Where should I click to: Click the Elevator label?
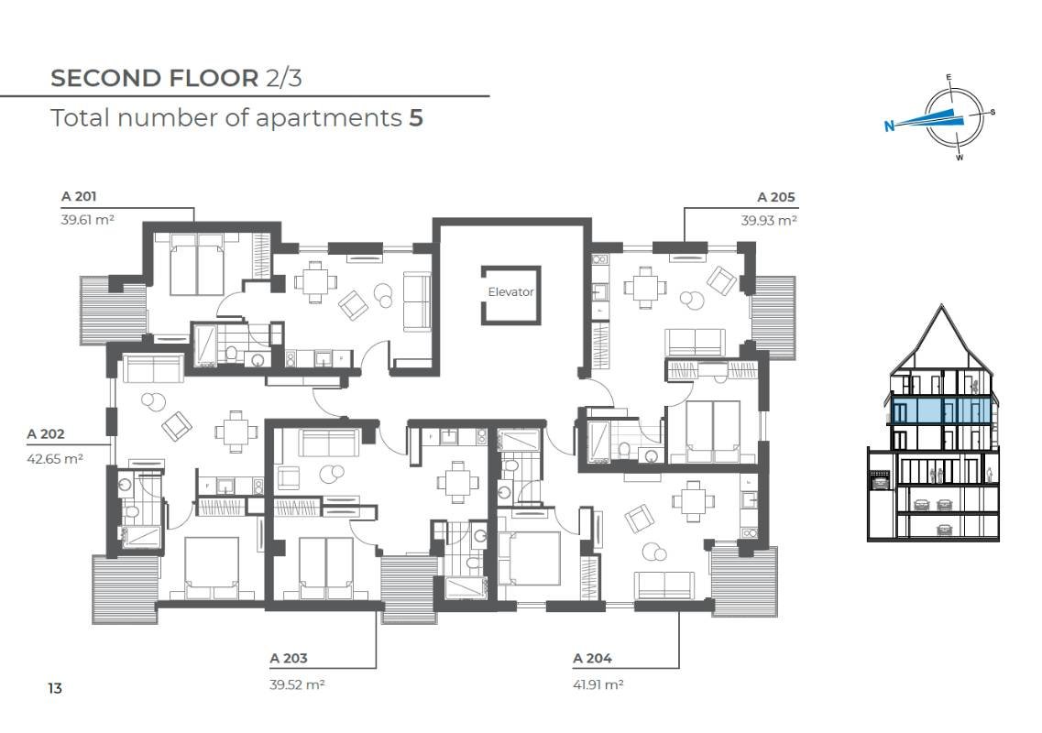coord(510,291)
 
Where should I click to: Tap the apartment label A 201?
coord(79,196)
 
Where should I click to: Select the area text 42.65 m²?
coord(54,458)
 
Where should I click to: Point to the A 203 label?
coord(289,658)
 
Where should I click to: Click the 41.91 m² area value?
coord(598,684)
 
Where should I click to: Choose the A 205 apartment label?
coord(776,197)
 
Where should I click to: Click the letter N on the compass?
coord(889,125)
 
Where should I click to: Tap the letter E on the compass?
coord(949,77)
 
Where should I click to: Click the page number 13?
coord(54,688)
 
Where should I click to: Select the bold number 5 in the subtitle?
coord(416,117)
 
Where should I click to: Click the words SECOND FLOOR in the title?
coord(154,78)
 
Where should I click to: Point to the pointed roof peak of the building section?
coord(942,306)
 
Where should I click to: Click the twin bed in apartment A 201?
coord(197,265)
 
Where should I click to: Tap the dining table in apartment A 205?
coord(644,288)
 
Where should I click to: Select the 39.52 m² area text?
coord(297,684)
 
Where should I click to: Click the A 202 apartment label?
coord(46,434)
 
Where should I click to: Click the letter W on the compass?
coord(960,158)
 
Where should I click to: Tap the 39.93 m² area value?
coord(769,220)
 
